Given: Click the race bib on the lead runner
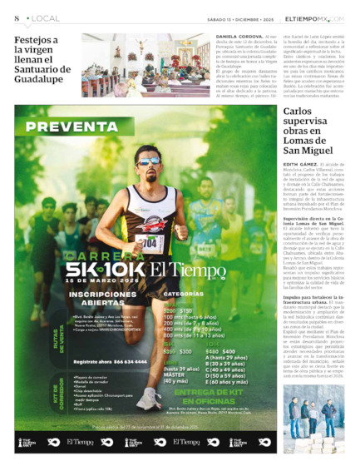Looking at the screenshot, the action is tap(150, 243).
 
